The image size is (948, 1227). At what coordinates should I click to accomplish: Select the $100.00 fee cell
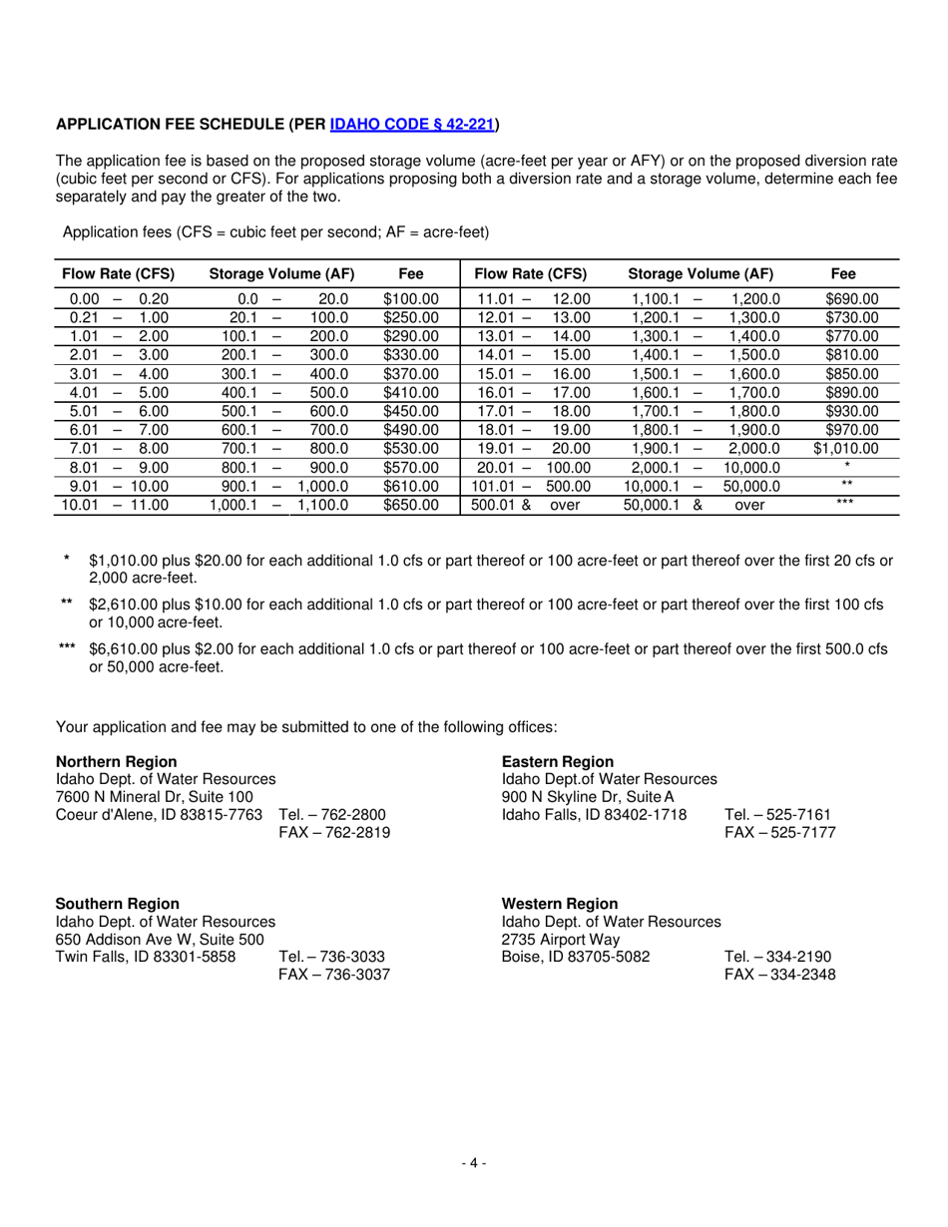point(410,298)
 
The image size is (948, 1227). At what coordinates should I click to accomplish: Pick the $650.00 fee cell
point(410,506)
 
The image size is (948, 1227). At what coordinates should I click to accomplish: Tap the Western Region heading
point(560,903)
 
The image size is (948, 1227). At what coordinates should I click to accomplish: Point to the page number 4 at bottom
point(473,1162)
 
